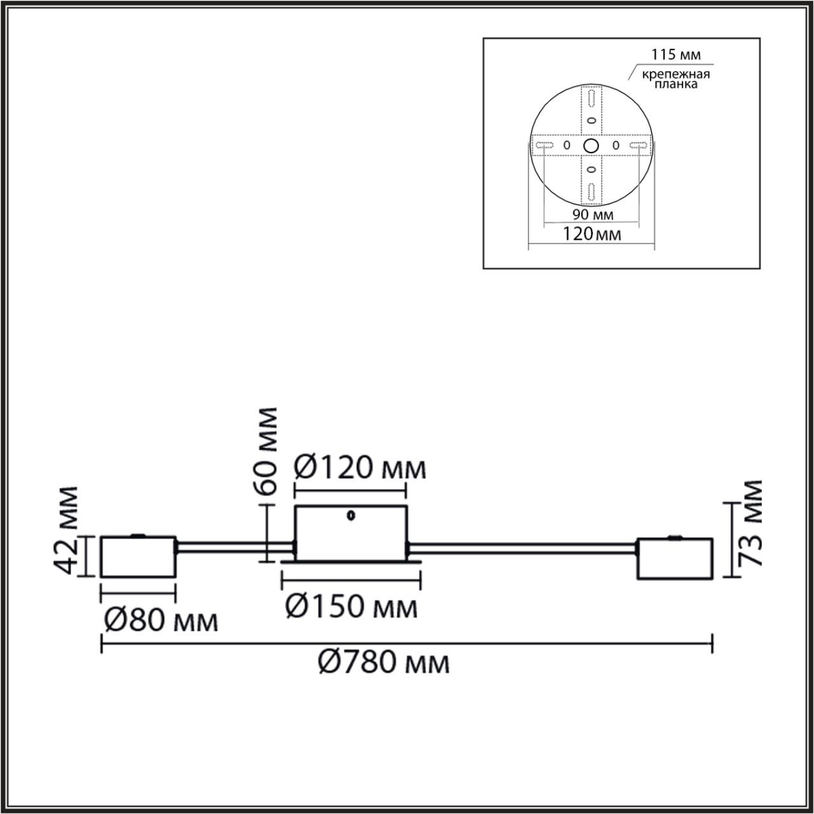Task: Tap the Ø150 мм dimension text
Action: tap(351, 607)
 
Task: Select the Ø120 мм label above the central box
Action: tap(360, 469)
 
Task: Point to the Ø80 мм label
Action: tap(161, 621)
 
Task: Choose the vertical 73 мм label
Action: tap(753, 523)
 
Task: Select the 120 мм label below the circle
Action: tap(591, 234)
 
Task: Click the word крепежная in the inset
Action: tap(675, 74)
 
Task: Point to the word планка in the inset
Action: tap(675, 85)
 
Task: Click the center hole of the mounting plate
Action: tap(591, 146)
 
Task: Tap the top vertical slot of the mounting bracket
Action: tap(591, 99)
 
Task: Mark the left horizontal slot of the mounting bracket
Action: tap(545, 146)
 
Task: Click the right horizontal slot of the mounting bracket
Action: tap(638, 146)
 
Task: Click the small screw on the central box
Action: tap(350, 516)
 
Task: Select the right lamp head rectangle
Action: tap(675, 559)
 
